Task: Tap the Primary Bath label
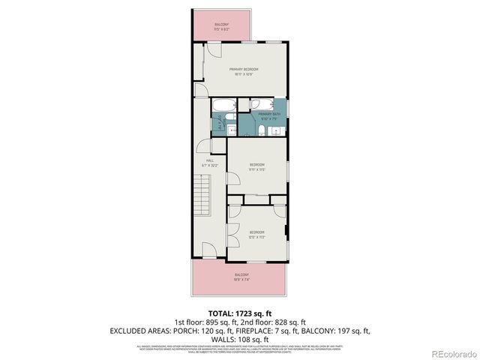268,115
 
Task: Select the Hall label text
211,162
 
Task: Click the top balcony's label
221,26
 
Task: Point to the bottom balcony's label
241,277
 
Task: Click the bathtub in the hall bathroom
223,106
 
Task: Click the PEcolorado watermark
449,352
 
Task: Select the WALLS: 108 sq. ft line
240,339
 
